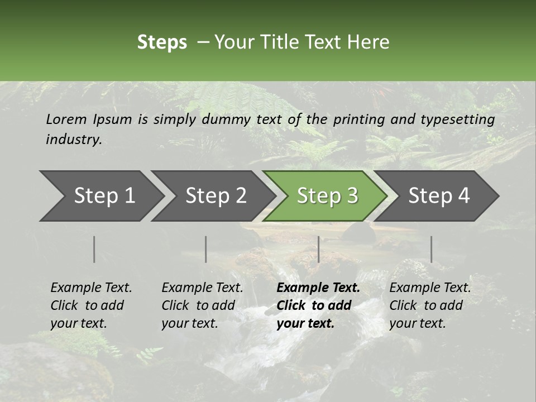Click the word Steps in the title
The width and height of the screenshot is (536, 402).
[162, 42]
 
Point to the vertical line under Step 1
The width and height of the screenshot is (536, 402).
[94, 249]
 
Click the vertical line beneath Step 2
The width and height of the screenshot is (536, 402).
[206, 249]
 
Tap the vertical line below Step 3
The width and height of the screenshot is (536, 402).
[319, 249]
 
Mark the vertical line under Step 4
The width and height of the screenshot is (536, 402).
[431, 249]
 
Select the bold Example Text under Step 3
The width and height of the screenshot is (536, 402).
[318, 305]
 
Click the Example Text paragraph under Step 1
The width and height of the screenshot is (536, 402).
[91, 305]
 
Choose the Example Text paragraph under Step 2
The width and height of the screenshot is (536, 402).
[202, 305]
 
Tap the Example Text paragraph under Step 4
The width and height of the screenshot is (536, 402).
[430, 305]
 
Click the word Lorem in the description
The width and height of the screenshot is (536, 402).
[66, 119]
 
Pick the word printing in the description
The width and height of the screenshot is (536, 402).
[359, 119]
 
